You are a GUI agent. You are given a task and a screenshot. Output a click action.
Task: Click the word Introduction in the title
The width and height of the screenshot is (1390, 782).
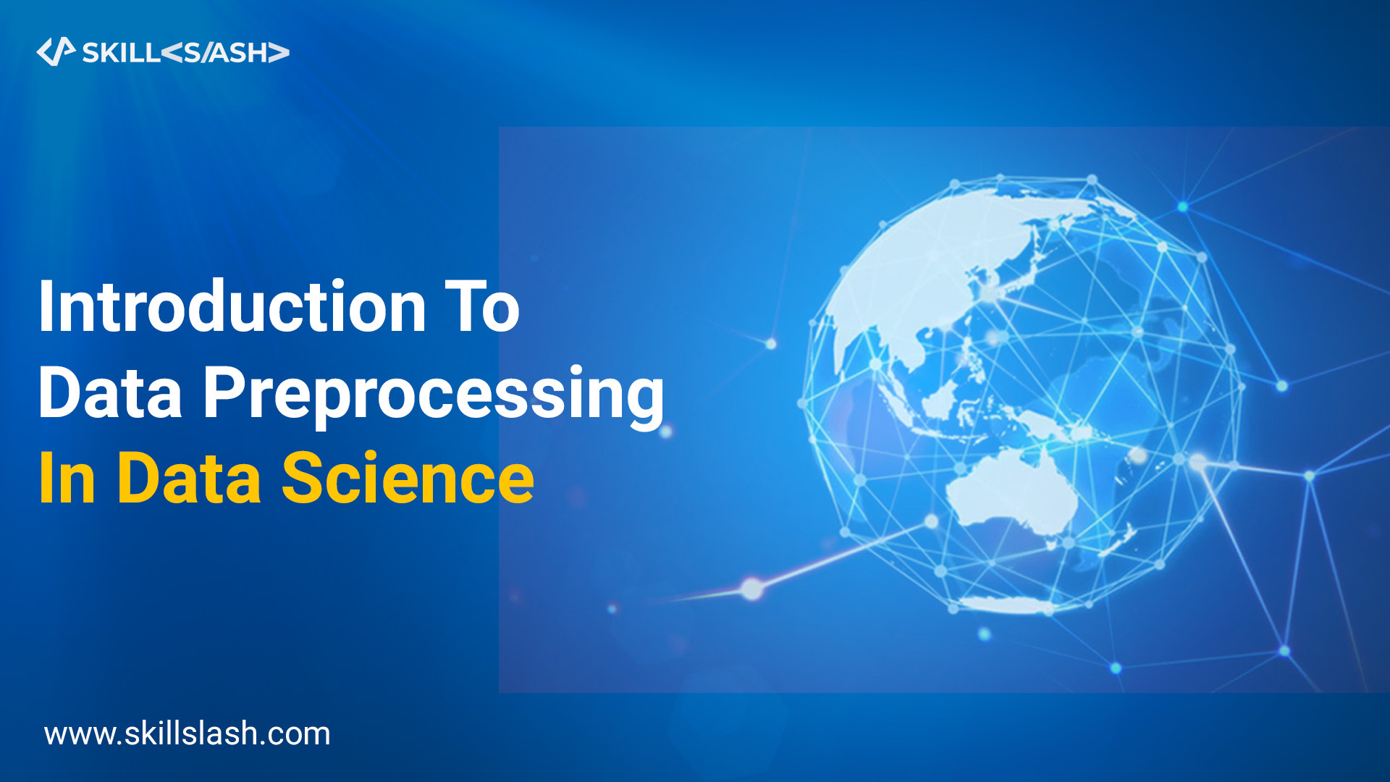pos(232,307)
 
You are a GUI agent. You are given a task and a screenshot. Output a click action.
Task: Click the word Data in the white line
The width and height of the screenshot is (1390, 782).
pos(110,394)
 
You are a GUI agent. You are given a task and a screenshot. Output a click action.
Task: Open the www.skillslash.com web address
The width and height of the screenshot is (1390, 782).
pos(187,733)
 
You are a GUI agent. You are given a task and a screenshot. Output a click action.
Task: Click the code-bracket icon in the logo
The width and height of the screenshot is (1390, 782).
pos(56,51)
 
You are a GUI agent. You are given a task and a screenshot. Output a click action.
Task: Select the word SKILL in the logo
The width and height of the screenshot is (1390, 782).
pos(120,53)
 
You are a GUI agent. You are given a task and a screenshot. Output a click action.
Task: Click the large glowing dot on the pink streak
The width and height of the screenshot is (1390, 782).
pos(752,588)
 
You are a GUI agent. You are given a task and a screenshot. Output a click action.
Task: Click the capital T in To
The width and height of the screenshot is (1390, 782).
pos(461,307)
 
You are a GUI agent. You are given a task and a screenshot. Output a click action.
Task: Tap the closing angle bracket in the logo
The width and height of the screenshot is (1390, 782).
pos(279,53)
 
